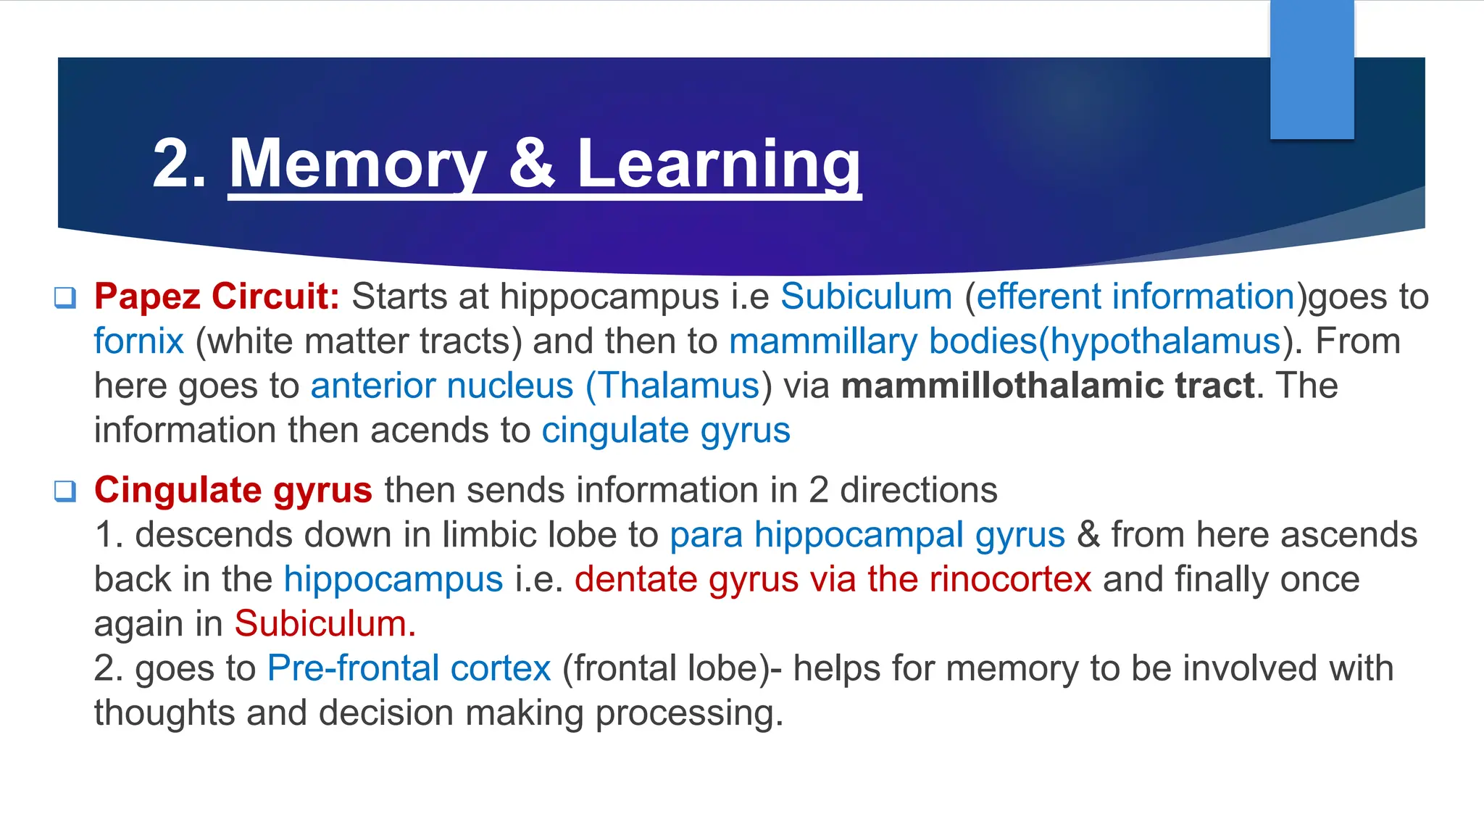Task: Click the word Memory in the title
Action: (x=358, y=165)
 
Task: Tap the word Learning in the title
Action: (x=718, y=165)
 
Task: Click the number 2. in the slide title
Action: (x=179, y=165)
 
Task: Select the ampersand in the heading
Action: (x=531, y=165)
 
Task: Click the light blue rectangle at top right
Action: (x=1312, y=70)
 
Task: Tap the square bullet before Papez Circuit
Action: (x=65, y=298)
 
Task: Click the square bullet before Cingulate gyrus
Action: (x=65, y=491)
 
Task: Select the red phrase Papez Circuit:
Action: (x=217, y=297)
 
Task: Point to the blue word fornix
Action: (x=138, y=341)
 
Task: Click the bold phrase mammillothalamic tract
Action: (x=1048, y=386)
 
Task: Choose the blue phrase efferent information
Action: (x=1135, y=297)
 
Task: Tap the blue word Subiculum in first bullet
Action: (x=866, y=297)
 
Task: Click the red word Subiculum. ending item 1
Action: (x=325, y=624)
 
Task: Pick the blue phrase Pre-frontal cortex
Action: (x=409, y=668)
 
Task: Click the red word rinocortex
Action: (x=1010, y=580)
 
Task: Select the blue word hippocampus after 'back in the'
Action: (x=393, y=580)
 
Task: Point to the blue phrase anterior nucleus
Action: (x=442, y=386)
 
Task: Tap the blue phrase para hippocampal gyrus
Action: (x=867, y=536)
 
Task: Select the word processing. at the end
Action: (x=689, y=714)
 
